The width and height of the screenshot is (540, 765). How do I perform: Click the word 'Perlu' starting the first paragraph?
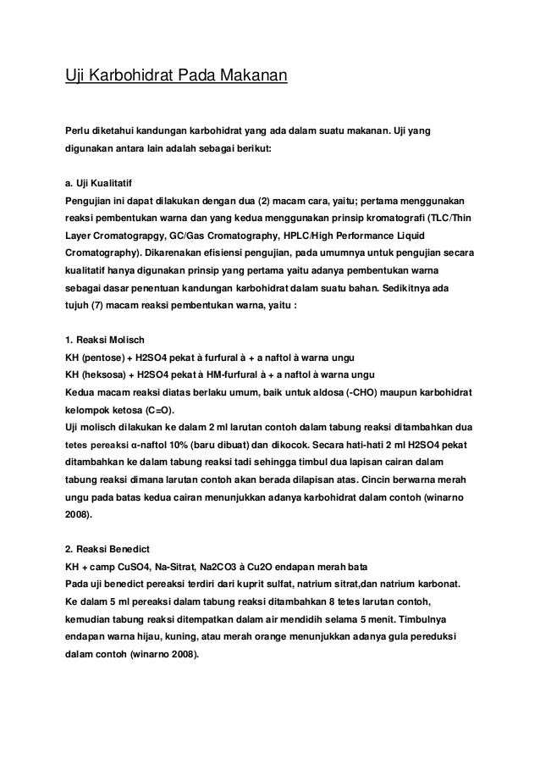(80, 131)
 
